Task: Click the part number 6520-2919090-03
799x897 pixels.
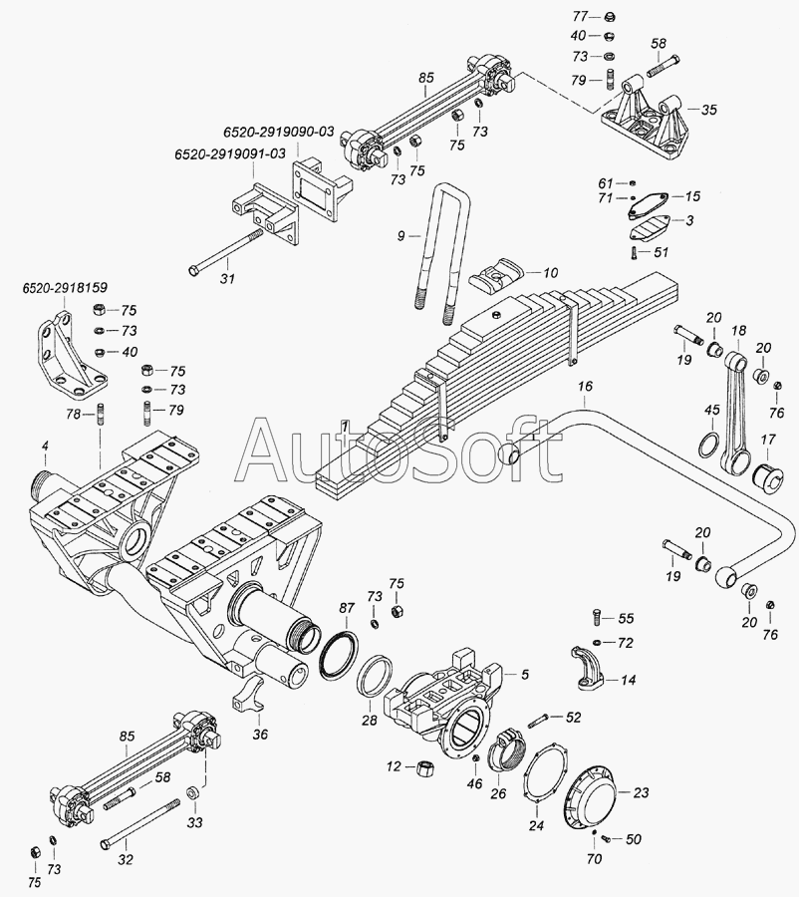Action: click(x=279, y=132)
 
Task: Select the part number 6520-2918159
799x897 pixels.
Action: click(x=65, y=288)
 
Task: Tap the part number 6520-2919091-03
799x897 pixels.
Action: click(x=230, y=154)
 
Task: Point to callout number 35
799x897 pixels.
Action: click(x=708, y=110)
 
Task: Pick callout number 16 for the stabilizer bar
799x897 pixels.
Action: click(x=585, y=386)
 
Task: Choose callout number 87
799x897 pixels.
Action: click(x=347, y=608)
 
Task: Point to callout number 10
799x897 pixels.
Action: click(x=550, y=273)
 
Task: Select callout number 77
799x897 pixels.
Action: click(x=580, y=17)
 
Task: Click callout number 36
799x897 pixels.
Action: click(x=260, y=734)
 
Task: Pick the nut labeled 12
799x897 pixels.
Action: click(x=425, y=768)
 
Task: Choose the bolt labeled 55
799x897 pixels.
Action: click(x=595, y=617)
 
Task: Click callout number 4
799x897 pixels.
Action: click(x=45, y=444)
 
